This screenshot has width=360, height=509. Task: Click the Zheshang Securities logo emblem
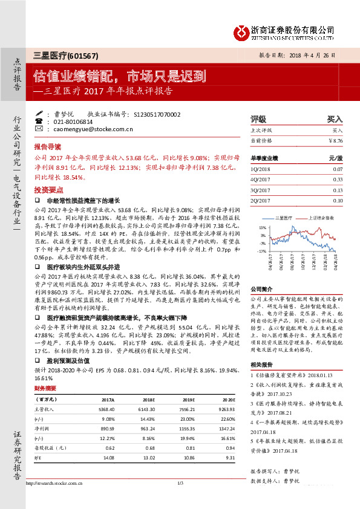click(x=242, y=30)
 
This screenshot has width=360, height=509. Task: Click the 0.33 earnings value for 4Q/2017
click(x=338, y=180)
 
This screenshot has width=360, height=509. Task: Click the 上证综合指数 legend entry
click(x=321, y=216)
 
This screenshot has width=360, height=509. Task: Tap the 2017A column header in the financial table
click(x=108, y=400)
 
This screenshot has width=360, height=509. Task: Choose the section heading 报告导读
click(x=48, y=148)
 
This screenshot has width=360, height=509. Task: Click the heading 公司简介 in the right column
click(x=263, y=289)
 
